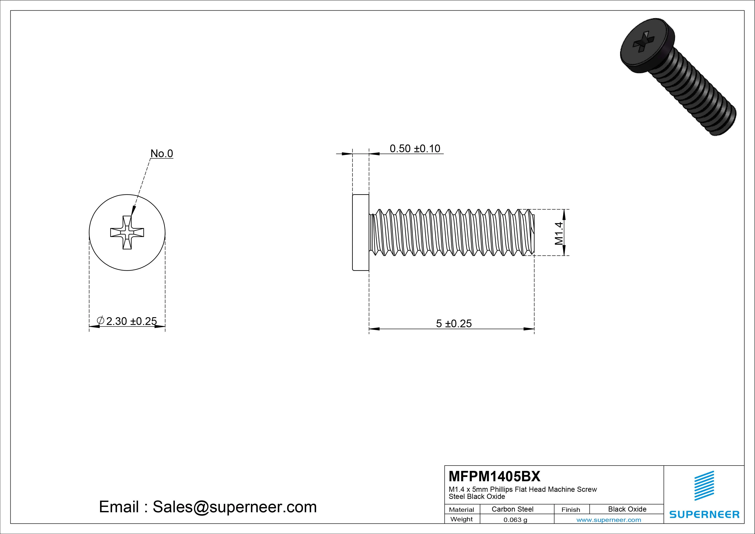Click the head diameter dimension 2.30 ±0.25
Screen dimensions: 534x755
tap(131, 321)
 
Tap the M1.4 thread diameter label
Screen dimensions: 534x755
tap(559, 233)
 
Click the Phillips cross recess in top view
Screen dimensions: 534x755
tap(127, 233)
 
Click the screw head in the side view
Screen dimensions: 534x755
tap(361, 232)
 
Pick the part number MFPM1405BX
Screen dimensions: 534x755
tap(494, 476)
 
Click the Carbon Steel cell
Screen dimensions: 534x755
tap(512, 509)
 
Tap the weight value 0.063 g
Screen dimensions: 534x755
tap(515, 520)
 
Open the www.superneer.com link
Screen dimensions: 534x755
tap(608, 520)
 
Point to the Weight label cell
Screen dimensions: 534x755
tap(461, 519)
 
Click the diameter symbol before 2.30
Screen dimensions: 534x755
tap(101, 320)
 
